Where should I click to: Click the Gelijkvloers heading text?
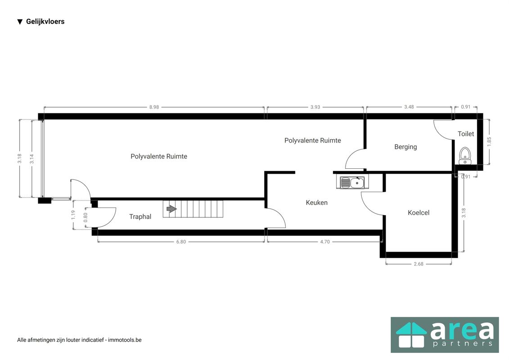[x=45, y=22]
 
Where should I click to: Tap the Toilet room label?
[x=465, y=134]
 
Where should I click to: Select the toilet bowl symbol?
[x=465, y=156]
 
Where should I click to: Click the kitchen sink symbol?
[x=352, y=182]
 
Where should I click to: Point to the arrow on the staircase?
[x=171, y=209]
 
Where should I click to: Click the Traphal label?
[x=140, y=216]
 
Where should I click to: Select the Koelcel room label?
[x=419, y=212]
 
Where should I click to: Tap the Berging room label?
[x=405, y=147]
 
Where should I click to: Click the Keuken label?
[x=316, y=202]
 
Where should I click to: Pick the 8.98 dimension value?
[x=154, y=107]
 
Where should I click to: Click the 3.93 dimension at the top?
[x=315, y=107]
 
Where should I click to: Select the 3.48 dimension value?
[x=409, y=107]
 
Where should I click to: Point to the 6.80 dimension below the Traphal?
[x=181, y=242]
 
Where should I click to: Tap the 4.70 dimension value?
[x=324, y=242]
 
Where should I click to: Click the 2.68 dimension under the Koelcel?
[x=419, y=264]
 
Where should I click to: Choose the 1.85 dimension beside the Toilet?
[x=489, y=142]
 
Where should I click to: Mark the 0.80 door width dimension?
[x=86, y=217]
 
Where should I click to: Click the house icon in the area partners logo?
[x=411, y=335]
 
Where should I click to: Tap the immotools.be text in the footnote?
[x=125, y=340]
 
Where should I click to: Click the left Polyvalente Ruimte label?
[x=159, y=157]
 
